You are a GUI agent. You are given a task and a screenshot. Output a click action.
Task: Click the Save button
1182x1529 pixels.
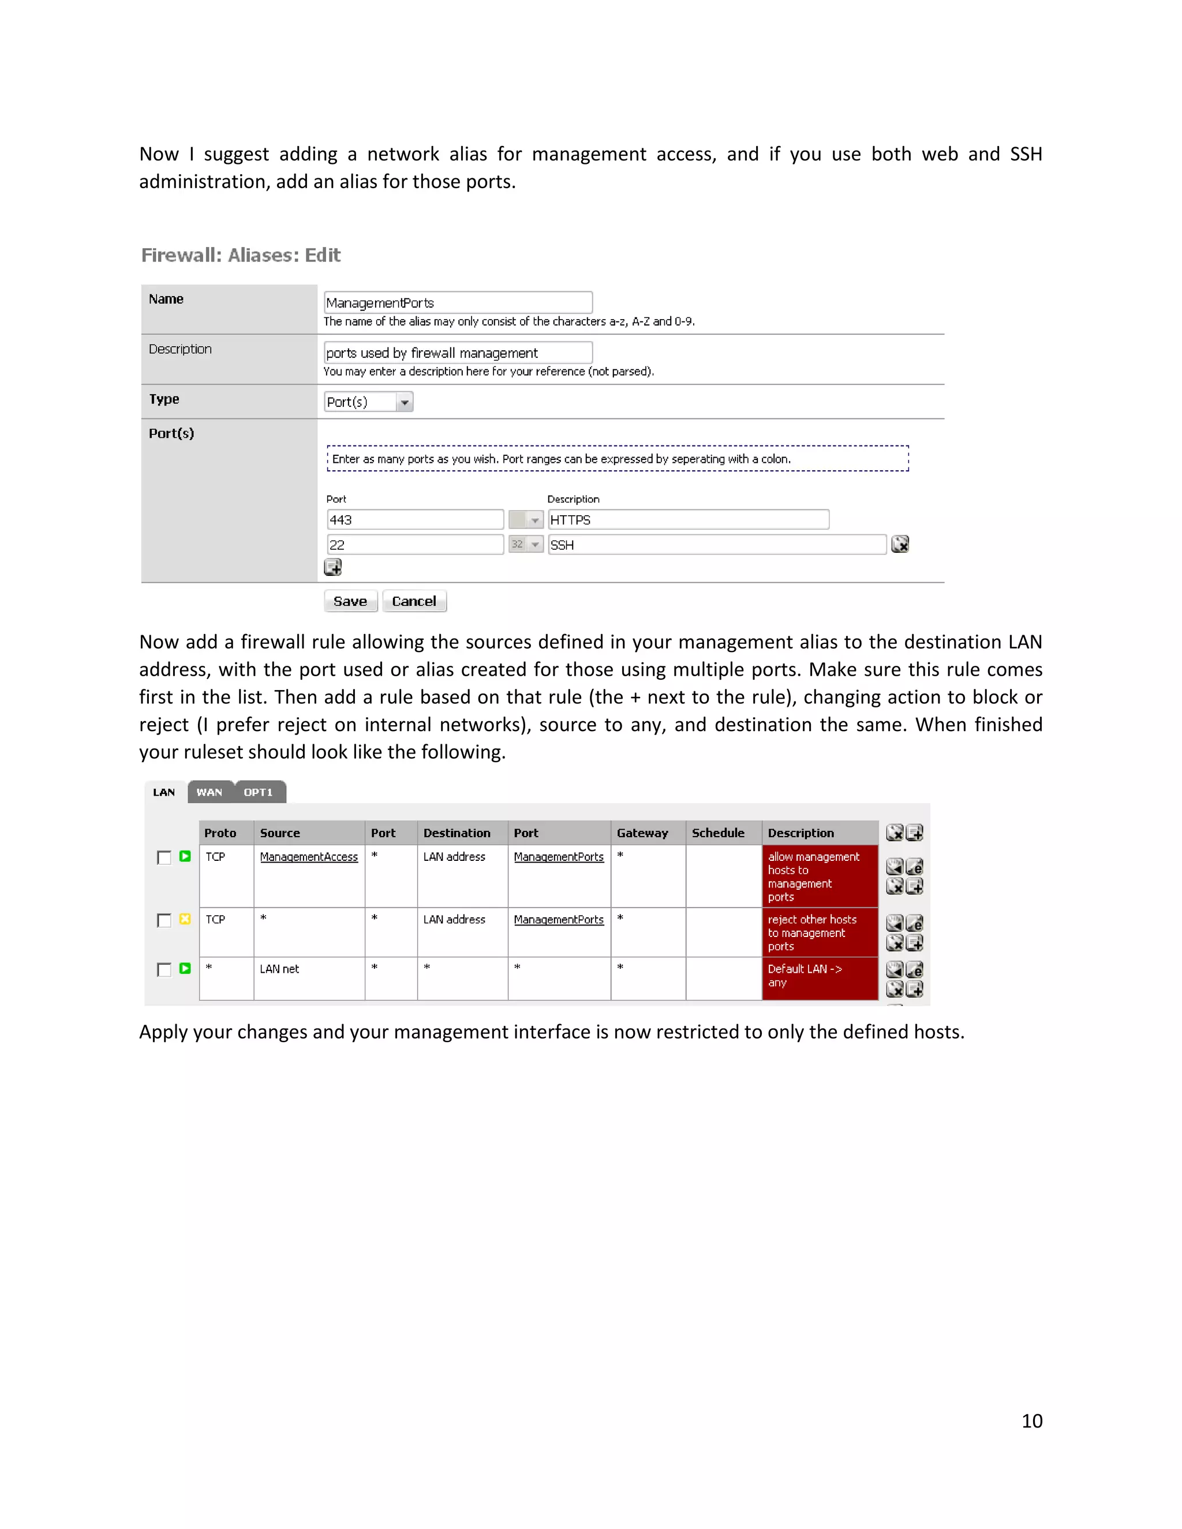coord(350,601)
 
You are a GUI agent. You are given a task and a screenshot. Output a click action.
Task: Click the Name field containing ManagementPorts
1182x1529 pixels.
coord(458,302)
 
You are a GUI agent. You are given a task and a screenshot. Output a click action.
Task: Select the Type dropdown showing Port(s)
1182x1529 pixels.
coord(368,402)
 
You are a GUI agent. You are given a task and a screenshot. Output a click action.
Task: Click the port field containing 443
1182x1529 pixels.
coord(414,519)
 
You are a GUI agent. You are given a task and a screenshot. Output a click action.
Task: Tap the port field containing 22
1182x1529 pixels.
coord(414,545)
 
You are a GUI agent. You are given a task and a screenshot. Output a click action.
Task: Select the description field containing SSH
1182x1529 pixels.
coord(716,545)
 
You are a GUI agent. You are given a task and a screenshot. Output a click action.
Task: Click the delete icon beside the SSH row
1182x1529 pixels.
coord(900,544)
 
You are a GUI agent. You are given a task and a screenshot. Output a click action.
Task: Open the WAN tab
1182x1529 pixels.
coord(210,792)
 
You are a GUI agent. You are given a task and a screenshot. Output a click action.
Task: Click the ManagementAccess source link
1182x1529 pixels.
coord(309,857)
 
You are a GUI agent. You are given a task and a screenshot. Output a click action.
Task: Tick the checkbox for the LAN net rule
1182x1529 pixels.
coord(164,970)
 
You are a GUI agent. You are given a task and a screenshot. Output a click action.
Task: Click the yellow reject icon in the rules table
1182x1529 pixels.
coord(185,919)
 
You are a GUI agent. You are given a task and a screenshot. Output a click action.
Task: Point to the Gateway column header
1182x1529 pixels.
coord(642,833)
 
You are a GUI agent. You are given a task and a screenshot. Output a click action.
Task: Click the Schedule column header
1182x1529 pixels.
coord(718,833)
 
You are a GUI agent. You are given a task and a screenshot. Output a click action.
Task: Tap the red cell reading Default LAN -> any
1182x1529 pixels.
coord(820,976)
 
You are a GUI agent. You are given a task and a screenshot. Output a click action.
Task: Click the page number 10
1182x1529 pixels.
coord(1031,1421)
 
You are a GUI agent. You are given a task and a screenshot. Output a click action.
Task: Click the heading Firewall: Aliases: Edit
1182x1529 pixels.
coord(241,255)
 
